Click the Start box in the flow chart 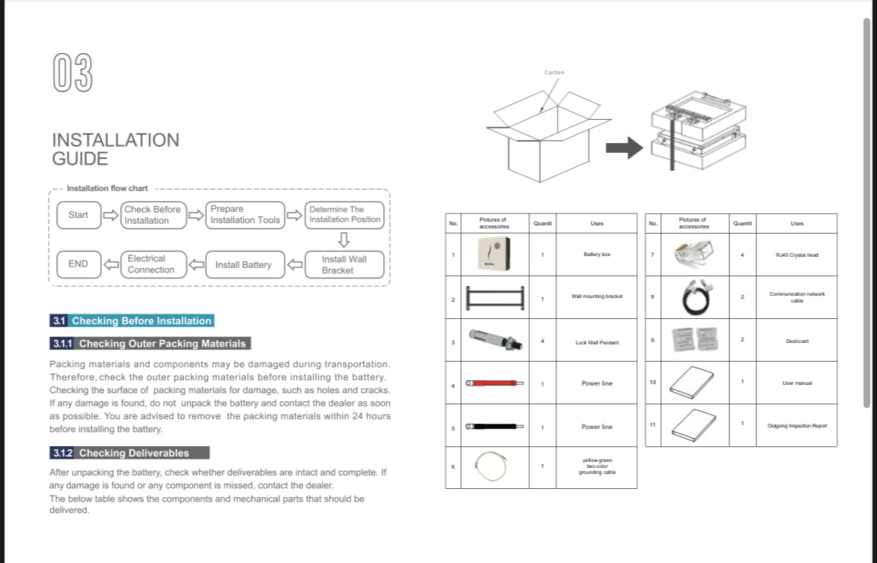click(78, 215)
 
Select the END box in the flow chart click(78, 264)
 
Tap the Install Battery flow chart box click(244, 264)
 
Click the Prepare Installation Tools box click(245, 215)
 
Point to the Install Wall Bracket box click(343, 264)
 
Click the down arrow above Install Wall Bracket click(344, 240)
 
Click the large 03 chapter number click(73, 73)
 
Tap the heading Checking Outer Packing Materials click(162, 344)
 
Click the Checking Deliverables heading click(134, 453)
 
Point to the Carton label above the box click(555, 73)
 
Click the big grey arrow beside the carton click(624, 147)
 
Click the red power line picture click(494, 383)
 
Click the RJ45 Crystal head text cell click(797, 255)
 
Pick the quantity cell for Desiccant click(742, 340)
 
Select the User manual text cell click(797, 383)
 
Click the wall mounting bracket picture click(494, 297)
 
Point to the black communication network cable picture click(693, 297)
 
